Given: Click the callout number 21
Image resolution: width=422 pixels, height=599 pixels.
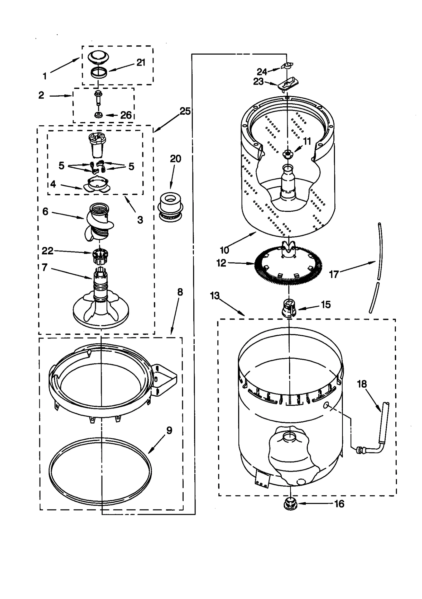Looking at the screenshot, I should pos(141,63).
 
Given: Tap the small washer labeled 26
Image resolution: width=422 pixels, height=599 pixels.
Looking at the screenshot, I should pos(99,115).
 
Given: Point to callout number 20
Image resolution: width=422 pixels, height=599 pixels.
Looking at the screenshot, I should pos(175,159).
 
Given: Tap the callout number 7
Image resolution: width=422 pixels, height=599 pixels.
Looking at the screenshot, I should pos(45,267).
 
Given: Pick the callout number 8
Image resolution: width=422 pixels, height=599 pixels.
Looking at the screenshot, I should pos(180,292).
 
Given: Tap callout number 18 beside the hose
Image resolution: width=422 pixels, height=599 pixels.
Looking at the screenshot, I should pos(362,384).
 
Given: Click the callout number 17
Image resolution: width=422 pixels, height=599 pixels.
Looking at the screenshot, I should pos(334,274).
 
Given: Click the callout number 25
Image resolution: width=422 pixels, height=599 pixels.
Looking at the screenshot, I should pos(185,111).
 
